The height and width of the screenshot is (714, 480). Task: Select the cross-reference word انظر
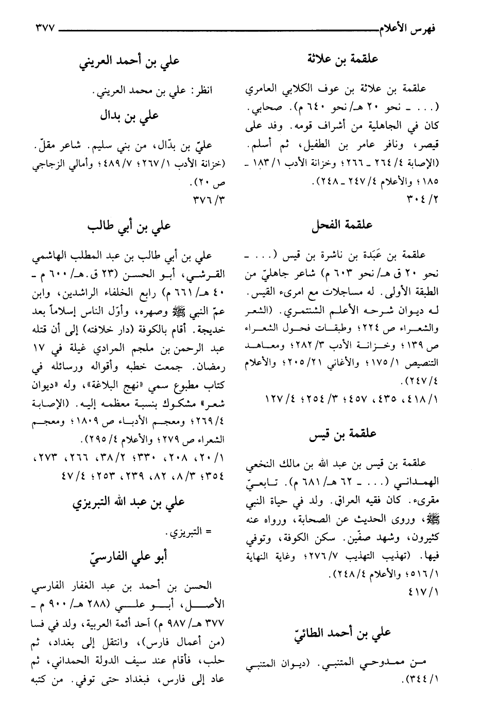[x=203, y=91]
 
